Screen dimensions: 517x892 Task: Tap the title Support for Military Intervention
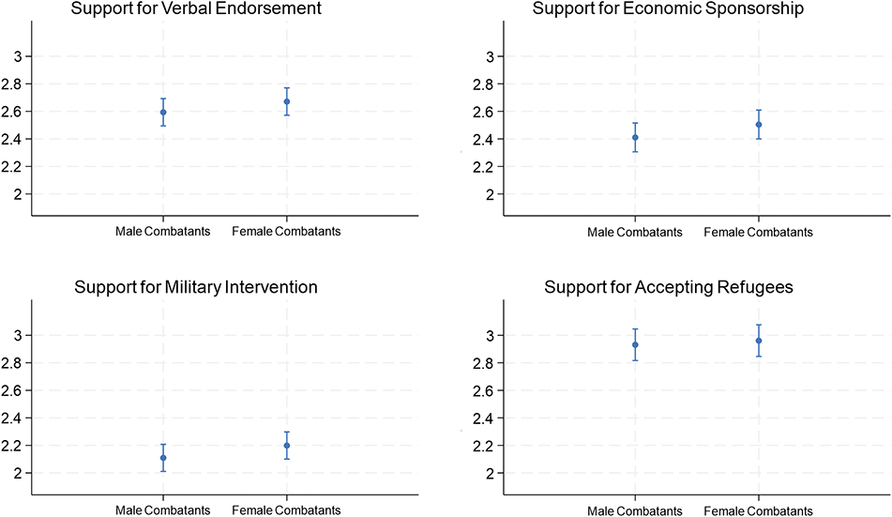(196, 287)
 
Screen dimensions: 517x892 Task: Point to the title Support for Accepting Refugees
(669, 287)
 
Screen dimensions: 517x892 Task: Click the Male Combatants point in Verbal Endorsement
(163, 113)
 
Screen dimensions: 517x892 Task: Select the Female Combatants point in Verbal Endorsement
(287, 101)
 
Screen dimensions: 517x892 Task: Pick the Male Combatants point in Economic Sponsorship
(635, 137)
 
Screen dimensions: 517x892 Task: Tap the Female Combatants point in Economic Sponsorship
(759, 125)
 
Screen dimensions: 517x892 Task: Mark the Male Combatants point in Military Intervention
(163, 458)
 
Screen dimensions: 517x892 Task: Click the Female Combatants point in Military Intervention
(287, 446)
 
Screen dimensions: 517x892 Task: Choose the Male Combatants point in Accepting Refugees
(635, 344)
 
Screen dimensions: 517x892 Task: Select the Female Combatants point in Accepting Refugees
(759, 341)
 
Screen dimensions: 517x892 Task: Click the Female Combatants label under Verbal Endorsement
(287, 232)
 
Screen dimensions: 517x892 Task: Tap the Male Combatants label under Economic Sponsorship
(635, 233)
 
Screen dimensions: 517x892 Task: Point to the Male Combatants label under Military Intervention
(163, 510)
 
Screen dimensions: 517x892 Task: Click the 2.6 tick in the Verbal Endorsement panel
(18, 112)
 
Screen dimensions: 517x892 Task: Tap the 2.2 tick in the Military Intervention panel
(18, 446)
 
